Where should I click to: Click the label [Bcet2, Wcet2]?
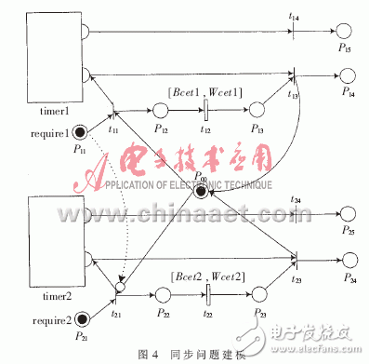tap(206, 275)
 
